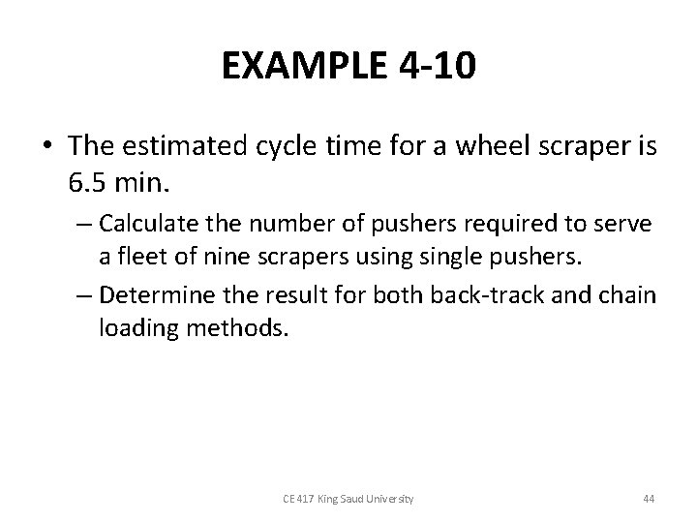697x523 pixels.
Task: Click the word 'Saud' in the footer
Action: pos(351,499)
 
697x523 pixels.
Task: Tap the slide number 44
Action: pos(649,499)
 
